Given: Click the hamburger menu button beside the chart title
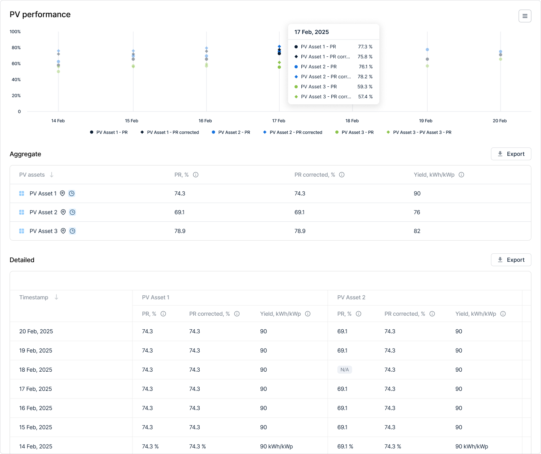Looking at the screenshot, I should click(525, 16).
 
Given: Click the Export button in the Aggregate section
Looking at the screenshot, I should click(511, 154).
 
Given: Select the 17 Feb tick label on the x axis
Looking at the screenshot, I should click(279, 121).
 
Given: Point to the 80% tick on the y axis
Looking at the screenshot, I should click(16, 48).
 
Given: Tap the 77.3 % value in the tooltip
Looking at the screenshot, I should click(365, 47).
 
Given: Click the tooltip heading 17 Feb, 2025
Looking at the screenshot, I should click(312, 32).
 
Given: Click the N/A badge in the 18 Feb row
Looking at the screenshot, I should click(345, 370).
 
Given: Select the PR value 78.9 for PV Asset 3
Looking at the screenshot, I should click(180, 231).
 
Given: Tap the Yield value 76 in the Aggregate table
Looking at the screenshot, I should click(417, 212).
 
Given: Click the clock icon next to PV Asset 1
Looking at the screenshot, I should click(72, 193).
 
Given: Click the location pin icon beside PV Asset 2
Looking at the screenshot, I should click(63, 212).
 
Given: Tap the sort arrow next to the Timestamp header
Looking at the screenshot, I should click(56, 297).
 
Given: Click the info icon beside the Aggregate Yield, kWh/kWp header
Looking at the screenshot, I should click(461, 175).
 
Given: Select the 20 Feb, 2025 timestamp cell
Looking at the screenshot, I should click(36, 331).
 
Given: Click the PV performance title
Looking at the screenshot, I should click(40, 14).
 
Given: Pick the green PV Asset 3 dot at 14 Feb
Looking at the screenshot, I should click(58, 72).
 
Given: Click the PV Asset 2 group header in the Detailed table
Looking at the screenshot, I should click(351, 297).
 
